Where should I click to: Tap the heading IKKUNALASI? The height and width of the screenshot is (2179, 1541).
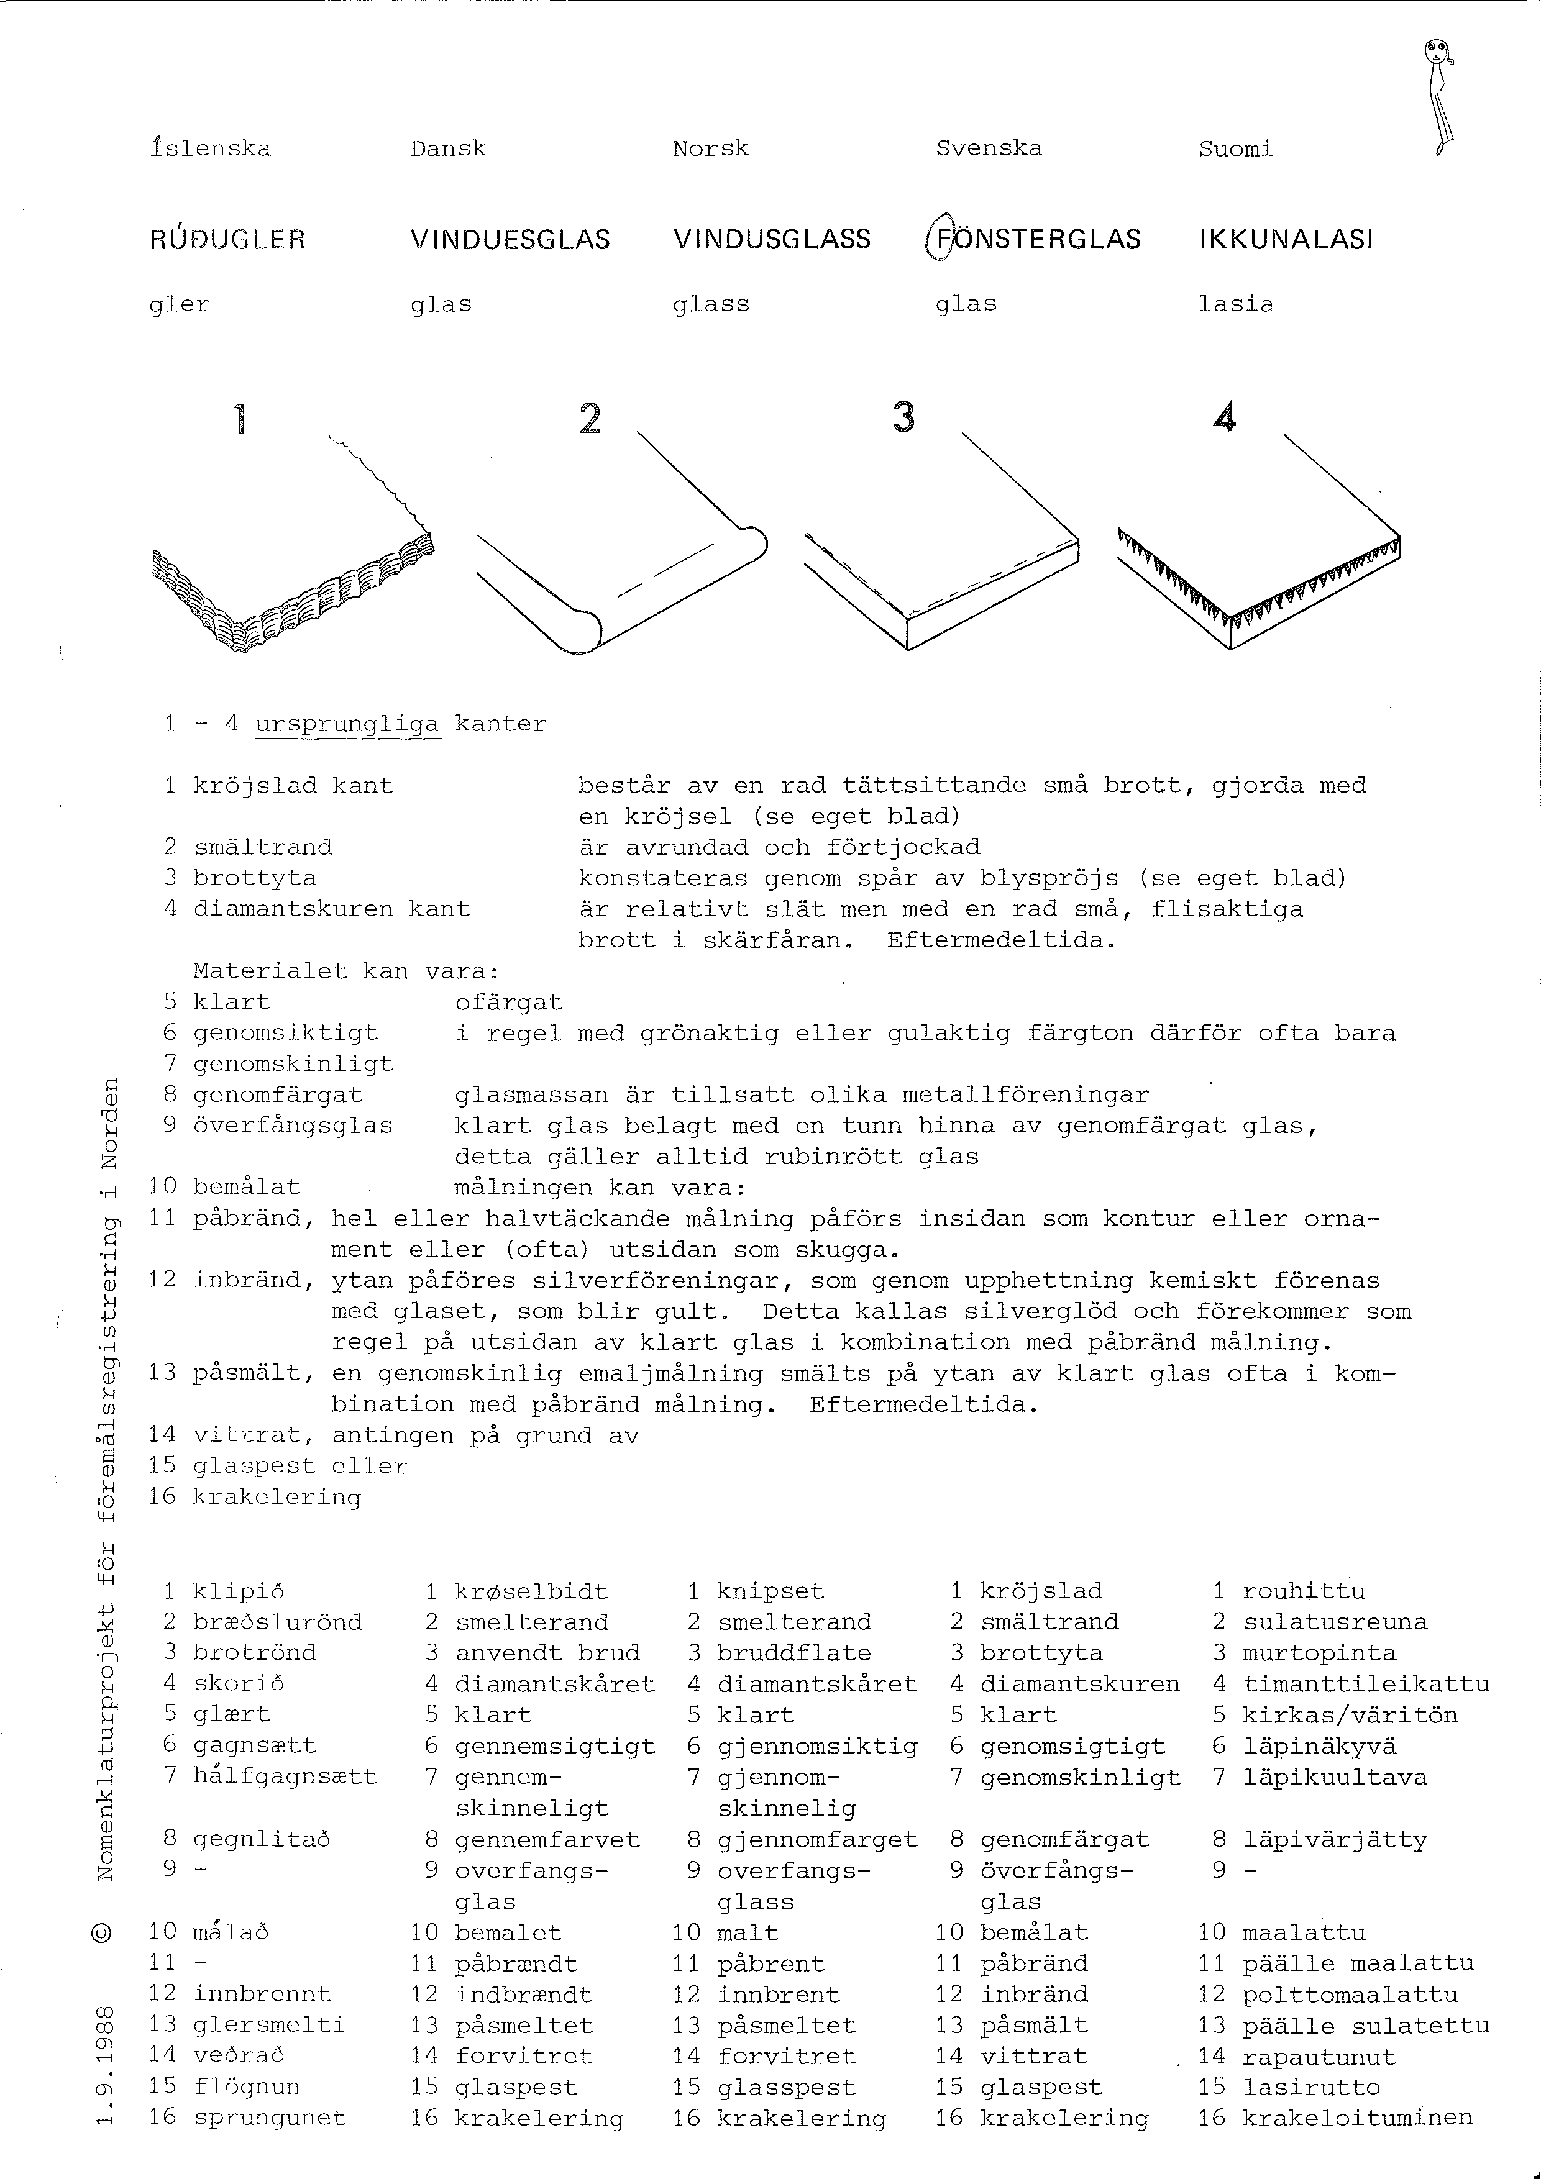tap(1286, 239)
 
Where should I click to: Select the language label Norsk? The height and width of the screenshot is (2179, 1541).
tap(710, 149)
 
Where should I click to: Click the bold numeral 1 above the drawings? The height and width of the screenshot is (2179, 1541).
tap(240, 419)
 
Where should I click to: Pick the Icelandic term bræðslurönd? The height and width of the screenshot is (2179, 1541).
tap(277, 1622)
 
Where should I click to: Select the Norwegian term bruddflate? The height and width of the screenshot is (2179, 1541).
tap(793, 1652)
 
